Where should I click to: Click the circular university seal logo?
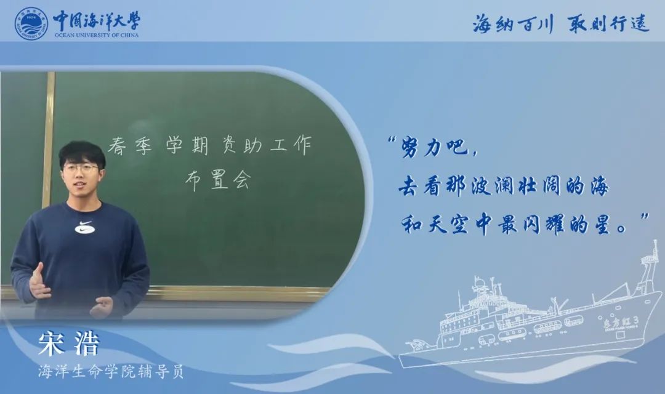pyautogui.click(x=31, y=24)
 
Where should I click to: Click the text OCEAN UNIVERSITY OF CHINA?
pyautogui.click(x=96, y=35)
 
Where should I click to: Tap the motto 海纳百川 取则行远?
pyautogui.click(x=560, y=23)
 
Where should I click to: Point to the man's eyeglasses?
pyautogui.click(x=81, y=168)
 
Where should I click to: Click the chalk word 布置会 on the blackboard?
pyautogui.click(x=218, y=180)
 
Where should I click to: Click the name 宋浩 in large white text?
pyautogui.click(x=69, y=343)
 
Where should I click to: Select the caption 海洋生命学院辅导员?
pyautogui.click(x=111, y=372)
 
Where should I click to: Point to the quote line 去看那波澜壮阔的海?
pyautogui.click(x=504, y=186)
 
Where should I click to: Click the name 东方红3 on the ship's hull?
pyautogui.click(x=620, y=325)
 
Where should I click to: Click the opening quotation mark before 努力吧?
pyautogui.click(x=392, y=140)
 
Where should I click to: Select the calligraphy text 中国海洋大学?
pyautogui.click(x=96, y=20)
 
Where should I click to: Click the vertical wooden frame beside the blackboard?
pyautogui.click(x=48, y=140)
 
